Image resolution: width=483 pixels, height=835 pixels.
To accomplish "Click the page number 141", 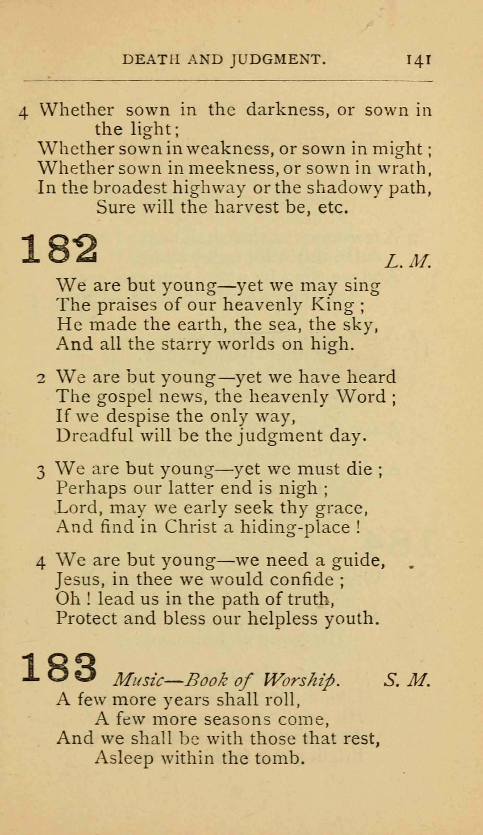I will (419, 61).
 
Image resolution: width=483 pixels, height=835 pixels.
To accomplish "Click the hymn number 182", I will (60, 249).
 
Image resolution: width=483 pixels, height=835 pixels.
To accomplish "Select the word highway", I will (209, 188).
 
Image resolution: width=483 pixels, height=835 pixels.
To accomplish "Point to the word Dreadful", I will (94, 435).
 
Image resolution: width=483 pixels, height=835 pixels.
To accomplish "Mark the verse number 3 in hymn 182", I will (40, 472).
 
